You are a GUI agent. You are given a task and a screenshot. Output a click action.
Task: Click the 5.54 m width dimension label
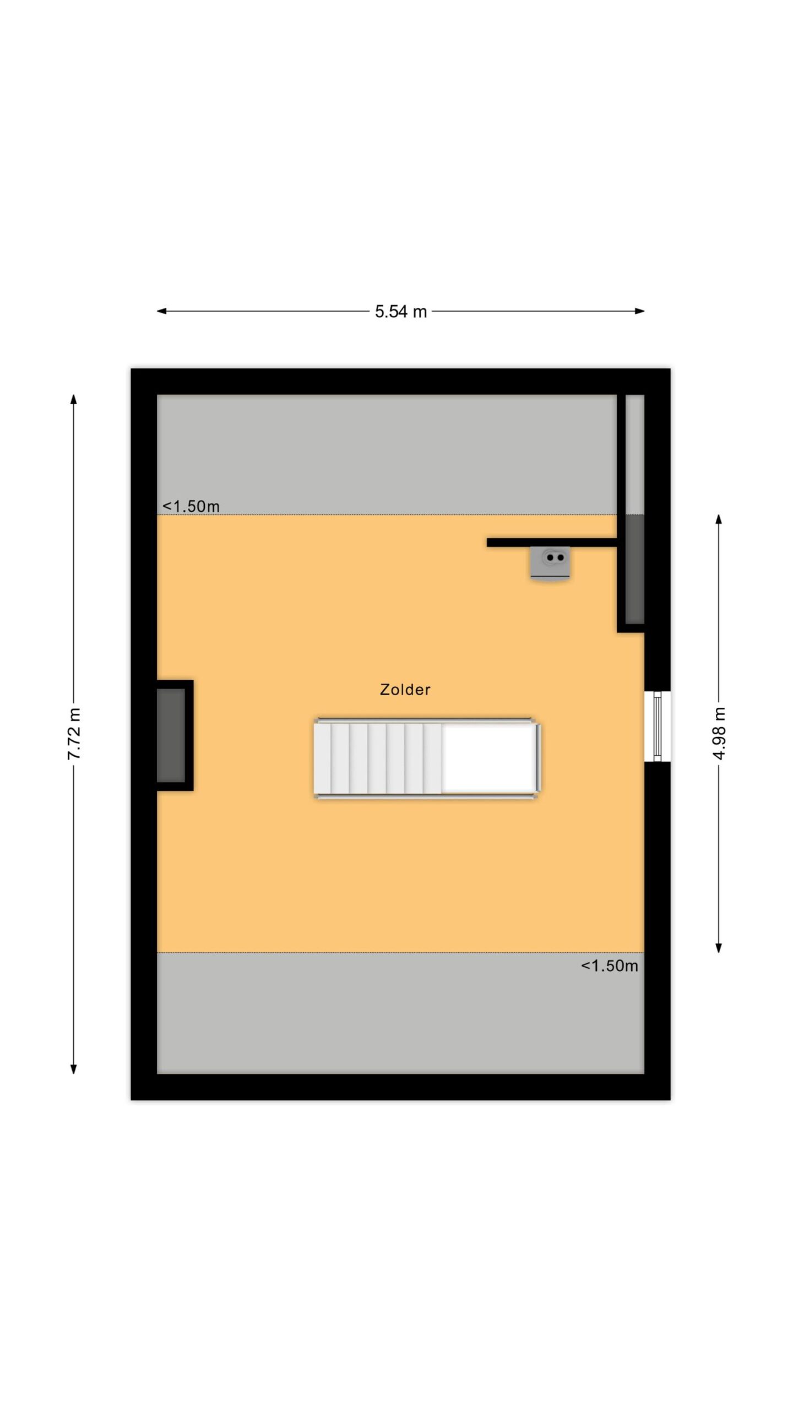[401, 312]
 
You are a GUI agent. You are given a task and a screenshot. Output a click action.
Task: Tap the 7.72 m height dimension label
[74, 734]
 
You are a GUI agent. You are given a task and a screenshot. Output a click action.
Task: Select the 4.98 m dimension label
[719, 733]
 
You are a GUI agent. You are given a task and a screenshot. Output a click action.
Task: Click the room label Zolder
[405, 690]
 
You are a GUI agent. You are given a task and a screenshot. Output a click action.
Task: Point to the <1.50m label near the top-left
[191, 506]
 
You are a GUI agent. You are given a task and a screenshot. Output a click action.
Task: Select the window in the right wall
[657, 726]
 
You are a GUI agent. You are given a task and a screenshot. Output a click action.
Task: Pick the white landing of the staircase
[488, 758]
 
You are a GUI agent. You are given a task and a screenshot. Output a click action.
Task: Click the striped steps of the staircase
[378, 758]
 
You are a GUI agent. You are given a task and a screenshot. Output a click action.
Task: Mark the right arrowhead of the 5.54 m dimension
[640, 311]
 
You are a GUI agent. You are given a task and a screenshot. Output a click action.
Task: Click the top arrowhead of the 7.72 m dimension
[73, 399]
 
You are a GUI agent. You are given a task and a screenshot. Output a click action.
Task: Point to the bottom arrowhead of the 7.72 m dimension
[73, 1069]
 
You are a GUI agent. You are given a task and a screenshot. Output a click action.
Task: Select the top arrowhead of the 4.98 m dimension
[719, 519]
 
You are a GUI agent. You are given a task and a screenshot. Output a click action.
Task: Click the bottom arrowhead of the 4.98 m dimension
[719, 947]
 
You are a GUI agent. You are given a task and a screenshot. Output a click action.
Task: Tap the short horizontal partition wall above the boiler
[552, 543]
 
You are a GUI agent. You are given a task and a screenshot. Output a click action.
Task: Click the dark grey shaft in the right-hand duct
[635, 569]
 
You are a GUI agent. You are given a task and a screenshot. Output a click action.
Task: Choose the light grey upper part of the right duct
[635, 455]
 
